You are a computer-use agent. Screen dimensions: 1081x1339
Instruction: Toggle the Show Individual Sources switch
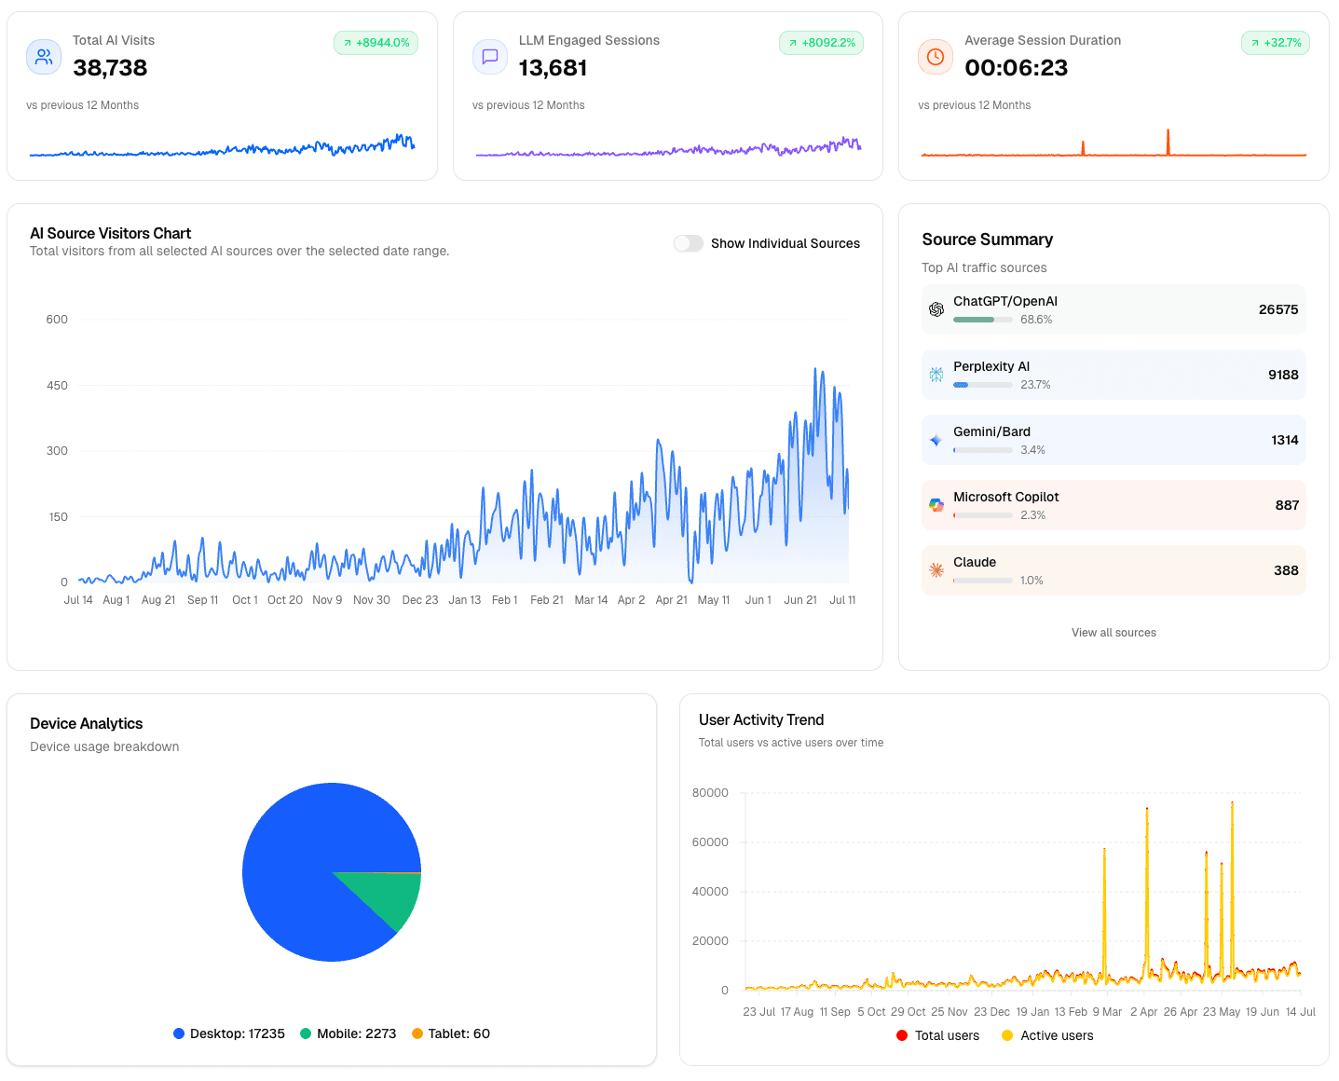coord(689,243)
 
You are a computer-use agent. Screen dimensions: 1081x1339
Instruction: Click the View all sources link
coord(1114,633)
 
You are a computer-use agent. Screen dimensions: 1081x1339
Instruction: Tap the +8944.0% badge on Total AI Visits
coord(376,43)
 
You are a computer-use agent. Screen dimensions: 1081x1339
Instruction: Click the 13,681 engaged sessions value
coord(553,68)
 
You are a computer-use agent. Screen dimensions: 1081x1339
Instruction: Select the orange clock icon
coord(936,57)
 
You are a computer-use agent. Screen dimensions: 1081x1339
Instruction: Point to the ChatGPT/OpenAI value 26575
coord(1278,309)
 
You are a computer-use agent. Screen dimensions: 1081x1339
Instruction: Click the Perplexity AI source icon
coord(936,375)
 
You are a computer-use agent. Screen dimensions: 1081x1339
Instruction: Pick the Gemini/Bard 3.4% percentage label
coord(1032,450)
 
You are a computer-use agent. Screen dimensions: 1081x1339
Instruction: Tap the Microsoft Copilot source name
coord(1005,497)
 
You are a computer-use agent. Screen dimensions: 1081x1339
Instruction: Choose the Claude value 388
coord(1286,570)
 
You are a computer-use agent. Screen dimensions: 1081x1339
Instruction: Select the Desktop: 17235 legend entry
coord(229,1033)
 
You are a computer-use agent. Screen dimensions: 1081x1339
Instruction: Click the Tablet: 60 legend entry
coord(451,1033)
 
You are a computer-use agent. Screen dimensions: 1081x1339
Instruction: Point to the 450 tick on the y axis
coord(57,385)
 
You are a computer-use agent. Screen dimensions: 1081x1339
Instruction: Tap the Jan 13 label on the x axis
coord(464,600)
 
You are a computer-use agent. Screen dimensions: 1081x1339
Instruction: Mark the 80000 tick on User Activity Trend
coord(710,793)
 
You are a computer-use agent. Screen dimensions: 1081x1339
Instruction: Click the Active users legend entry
coord(1047,1035)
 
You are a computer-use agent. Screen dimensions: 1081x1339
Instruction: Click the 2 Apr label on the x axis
coord(1143,1012)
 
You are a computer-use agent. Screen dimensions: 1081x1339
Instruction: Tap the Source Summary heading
coord(987,239)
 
